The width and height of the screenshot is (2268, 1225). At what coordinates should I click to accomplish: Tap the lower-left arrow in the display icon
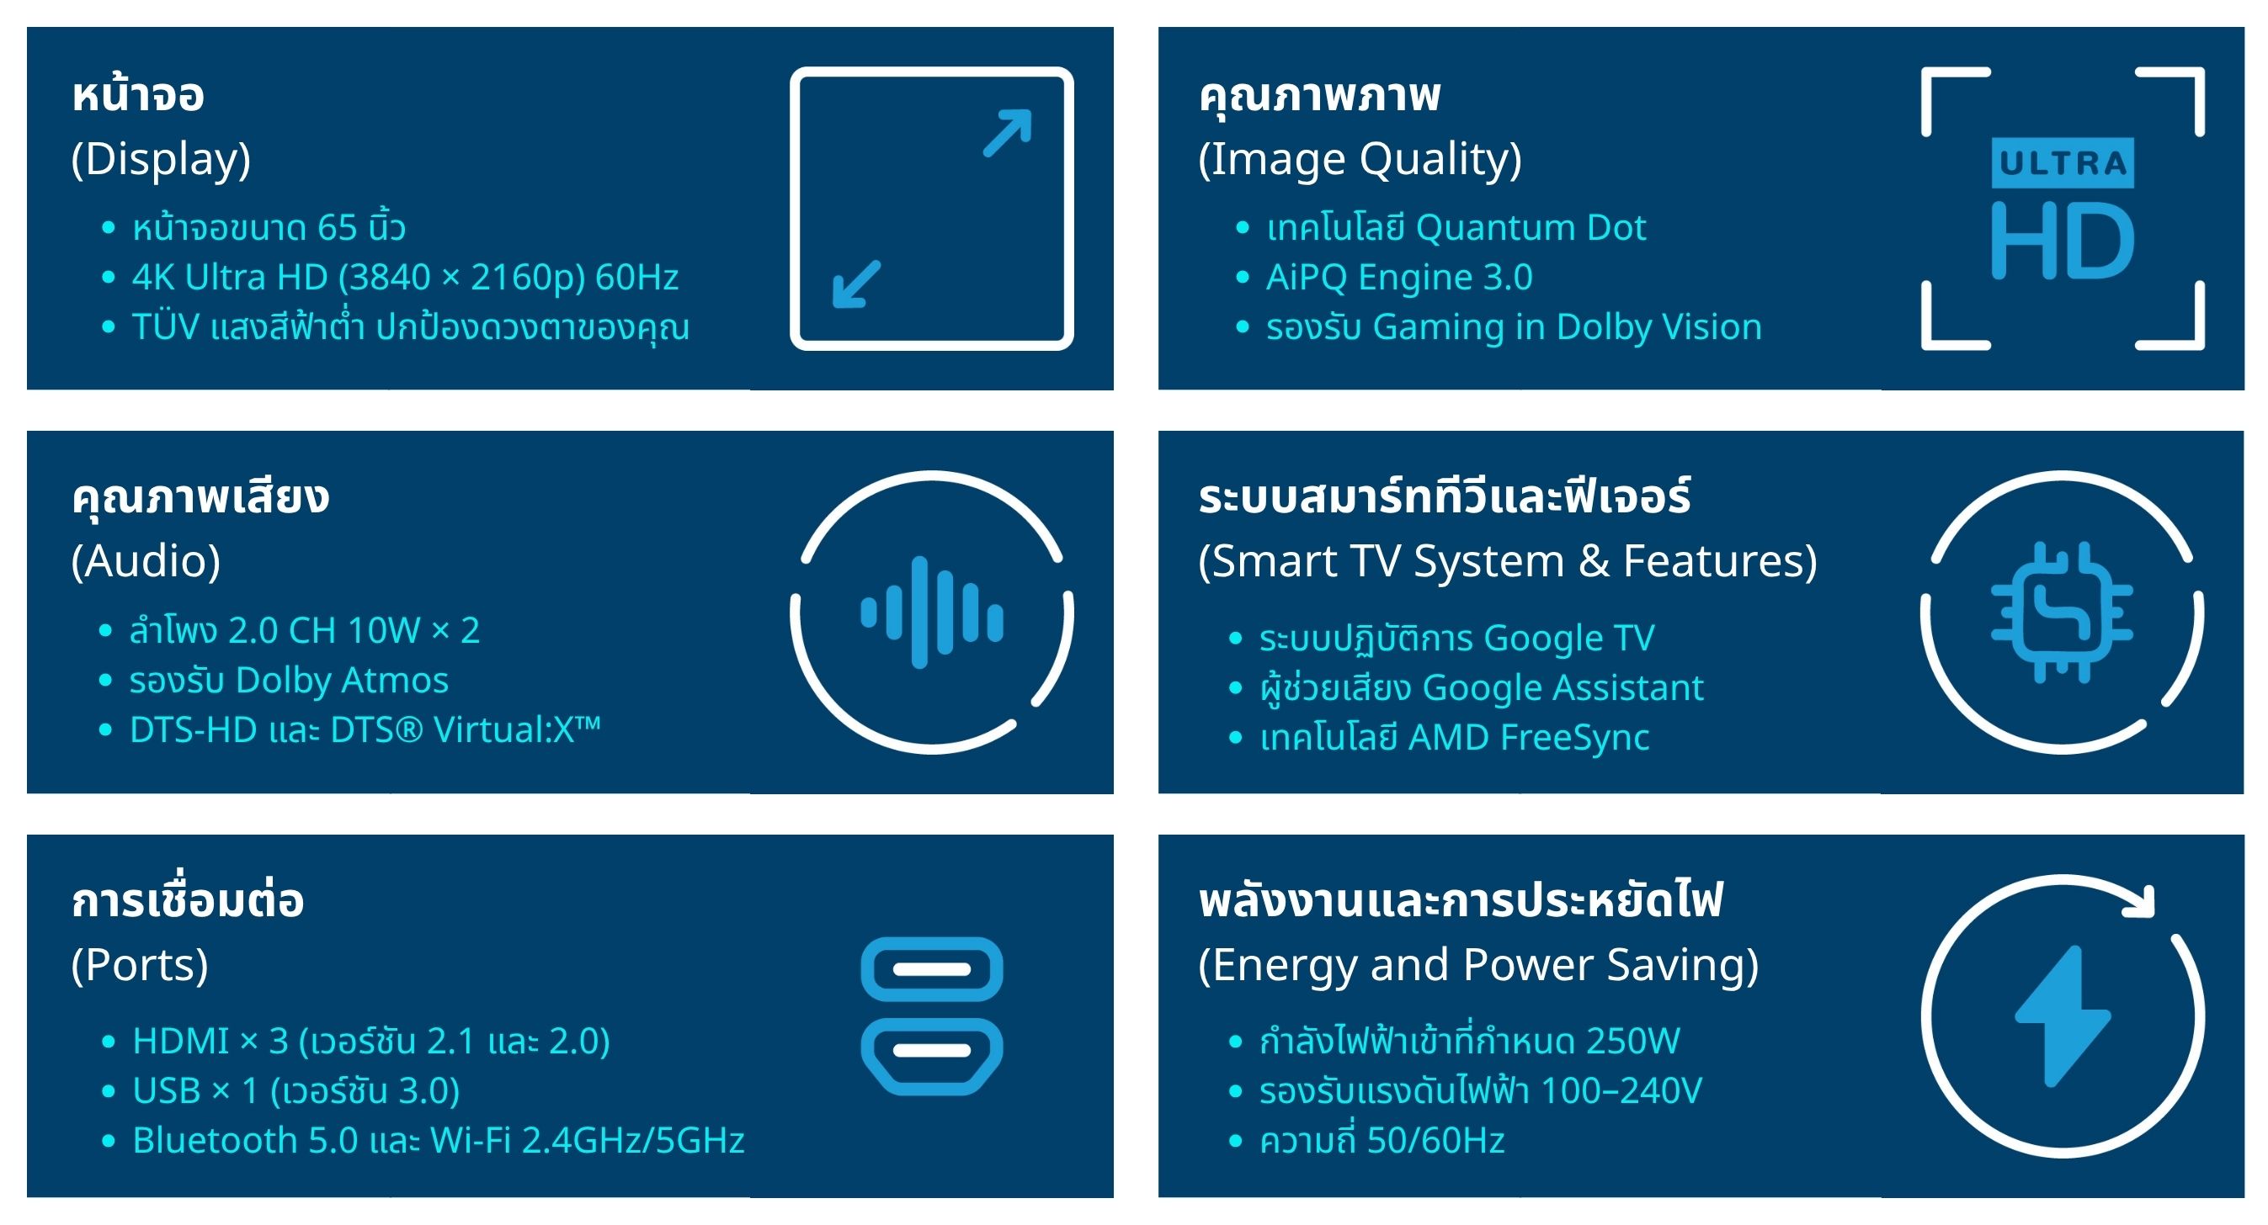(856, 284)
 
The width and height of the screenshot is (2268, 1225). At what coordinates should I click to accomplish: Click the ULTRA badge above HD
(2062, 163)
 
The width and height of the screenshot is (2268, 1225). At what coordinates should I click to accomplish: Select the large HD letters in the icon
(2062, 241)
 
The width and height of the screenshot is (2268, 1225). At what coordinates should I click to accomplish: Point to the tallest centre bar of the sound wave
(920, 612)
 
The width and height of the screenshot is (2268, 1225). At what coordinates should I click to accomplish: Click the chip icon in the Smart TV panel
(2062, 612)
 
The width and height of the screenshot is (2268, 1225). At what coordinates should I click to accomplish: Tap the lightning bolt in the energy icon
(2062, 1016)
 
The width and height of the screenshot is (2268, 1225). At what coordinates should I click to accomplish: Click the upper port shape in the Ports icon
(931, 969)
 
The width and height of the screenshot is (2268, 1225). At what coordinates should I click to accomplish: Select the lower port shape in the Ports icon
(931, 1056)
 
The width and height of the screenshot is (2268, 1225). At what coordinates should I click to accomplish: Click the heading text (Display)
(161, 159)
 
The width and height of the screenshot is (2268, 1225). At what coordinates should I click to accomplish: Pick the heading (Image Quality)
(1360, 159)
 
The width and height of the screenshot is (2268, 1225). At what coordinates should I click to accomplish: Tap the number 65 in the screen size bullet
(338, 228)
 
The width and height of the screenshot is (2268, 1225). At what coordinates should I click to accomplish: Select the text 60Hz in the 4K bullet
(636, 277)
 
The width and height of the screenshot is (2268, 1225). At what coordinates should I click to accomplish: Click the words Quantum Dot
(1531, 228)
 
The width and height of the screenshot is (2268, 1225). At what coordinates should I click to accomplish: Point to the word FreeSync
(1573, 738)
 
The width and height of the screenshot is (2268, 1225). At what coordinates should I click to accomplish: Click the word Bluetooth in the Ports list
(215, 1141)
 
